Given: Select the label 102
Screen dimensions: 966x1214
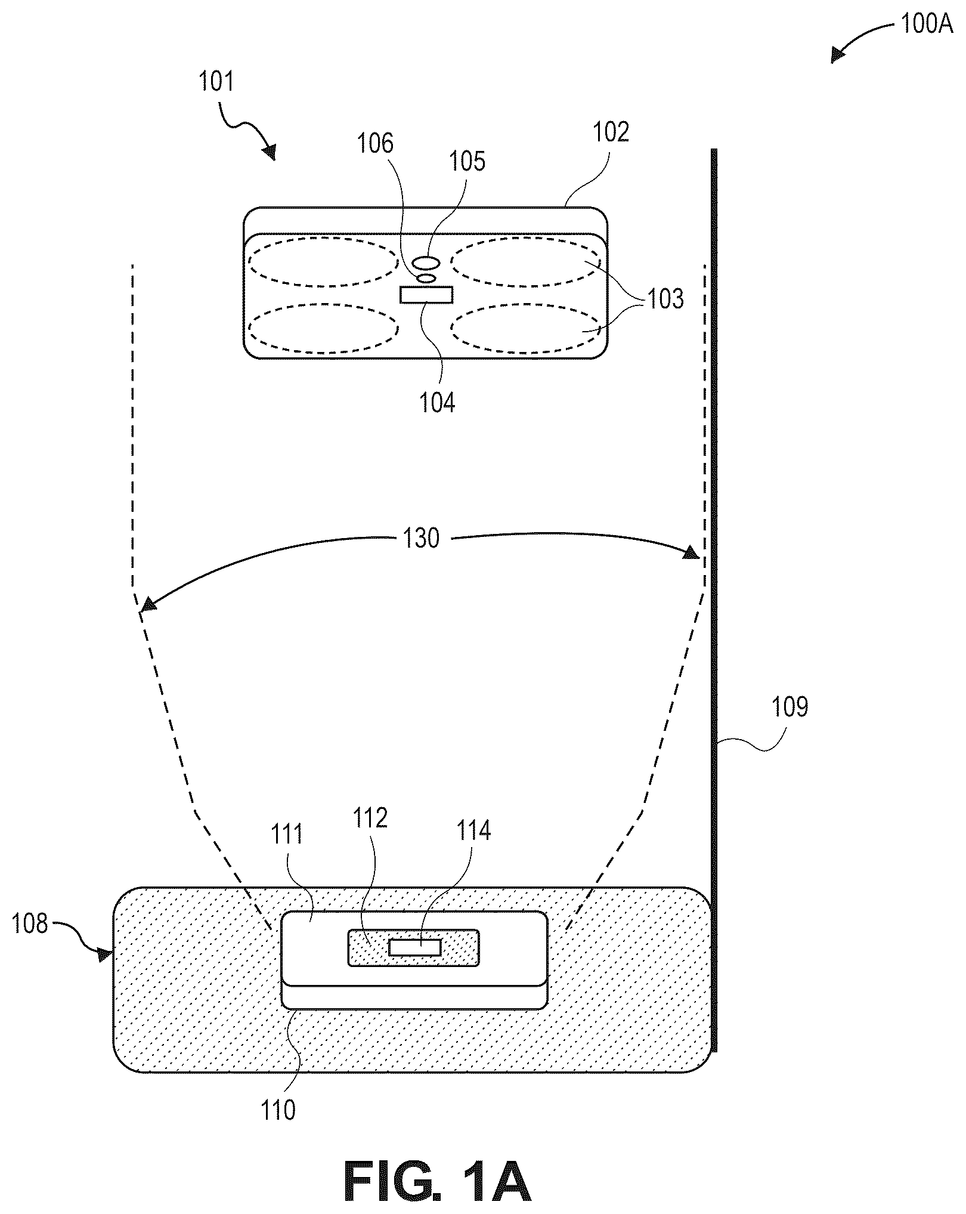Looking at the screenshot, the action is pyautogui.click(x=611, y=132).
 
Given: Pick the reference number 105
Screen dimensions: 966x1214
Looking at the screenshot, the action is pyautogui.click(x=467, y=161).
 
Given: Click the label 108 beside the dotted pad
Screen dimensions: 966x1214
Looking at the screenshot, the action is pyautogui.click(x=30, y=923).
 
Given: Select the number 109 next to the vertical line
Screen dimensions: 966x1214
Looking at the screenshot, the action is pyautogui.click(x=790, y=707).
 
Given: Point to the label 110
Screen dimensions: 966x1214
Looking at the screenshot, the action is pyautogui.click(x=277, y=1110).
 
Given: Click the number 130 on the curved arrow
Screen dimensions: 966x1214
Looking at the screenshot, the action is pyautogui.click(x=421, y=538).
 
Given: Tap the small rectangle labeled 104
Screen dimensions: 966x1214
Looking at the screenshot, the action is pyautogui.click(x=426, y=295).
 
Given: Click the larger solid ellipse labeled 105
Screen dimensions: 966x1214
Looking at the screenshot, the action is pyautogui.click(x=426, y=262).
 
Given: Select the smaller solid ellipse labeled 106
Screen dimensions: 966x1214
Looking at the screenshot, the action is pyautogui.click(x=426, y=278).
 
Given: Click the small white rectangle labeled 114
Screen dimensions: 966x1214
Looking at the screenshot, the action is pyautogui.click(x=414, y=947).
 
